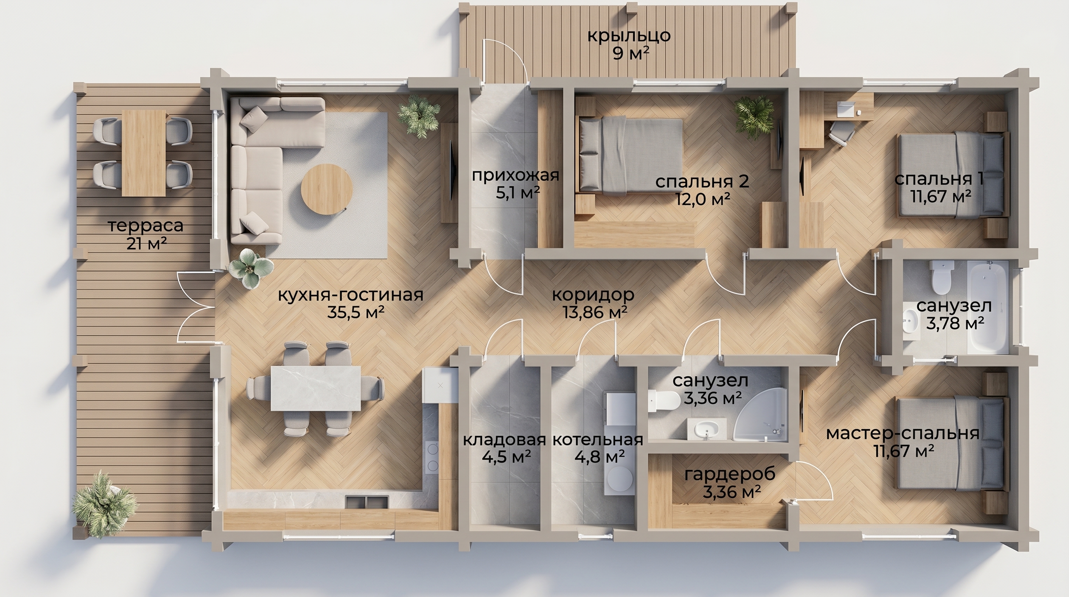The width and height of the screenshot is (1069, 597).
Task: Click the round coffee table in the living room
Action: [x=327, y=189]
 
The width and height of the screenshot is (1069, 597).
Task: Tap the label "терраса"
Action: [x=146, y=226]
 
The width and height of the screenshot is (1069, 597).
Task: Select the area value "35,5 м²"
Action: [x=356, y=312]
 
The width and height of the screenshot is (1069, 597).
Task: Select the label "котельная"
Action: [x=598, y=439]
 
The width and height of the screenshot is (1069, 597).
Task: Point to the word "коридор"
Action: [x=594, y=294]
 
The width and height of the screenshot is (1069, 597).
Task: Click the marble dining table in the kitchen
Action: [x=315, y=388]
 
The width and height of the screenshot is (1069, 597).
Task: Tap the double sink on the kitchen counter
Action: [x=366, y=501]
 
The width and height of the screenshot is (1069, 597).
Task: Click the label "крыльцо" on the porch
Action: [x=629, y=36]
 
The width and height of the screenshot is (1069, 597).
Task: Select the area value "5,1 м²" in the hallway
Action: [x=517, y=192]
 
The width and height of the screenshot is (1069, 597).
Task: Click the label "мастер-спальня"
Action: [x=903, y=433]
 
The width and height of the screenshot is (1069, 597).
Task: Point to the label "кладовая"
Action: [x=504, y=439]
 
